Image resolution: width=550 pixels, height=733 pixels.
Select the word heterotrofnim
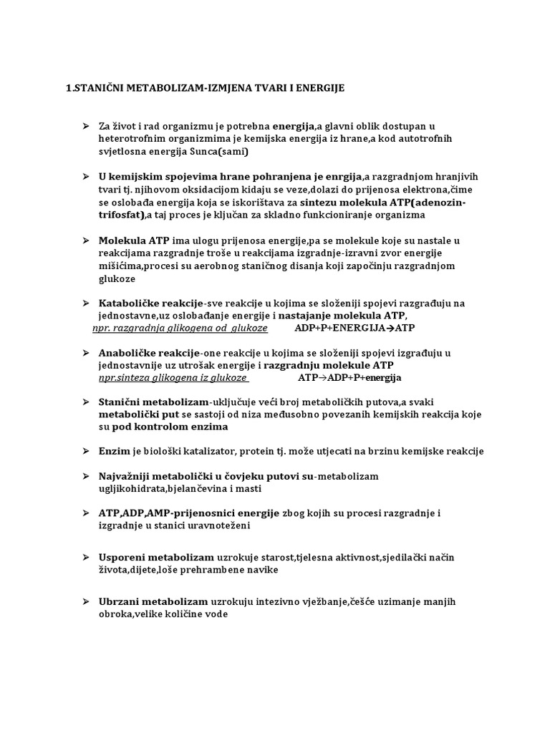[131, 138]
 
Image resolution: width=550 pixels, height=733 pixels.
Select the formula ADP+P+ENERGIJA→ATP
[355, 329]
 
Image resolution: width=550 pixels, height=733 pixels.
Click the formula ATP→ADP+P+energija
[350, 378]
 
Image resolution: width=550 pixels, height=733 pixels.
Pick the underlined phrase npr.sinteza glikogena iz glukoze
[173, 378]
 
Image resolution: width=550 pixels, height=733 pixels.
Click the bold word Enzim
[112, 451]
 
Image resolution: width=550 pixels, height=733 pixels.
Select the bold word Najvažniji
[124, 476]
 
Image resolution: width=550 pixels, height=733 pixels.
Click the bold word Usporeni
[121, 557]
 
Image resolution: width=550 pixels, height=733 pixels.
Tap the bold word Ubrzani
[119, 601]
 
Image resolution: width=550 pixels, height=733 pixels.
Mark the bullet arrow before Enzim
[85, 451]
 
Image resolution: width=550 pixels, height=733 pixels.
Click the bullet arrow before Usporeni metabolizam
[85, 557]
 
